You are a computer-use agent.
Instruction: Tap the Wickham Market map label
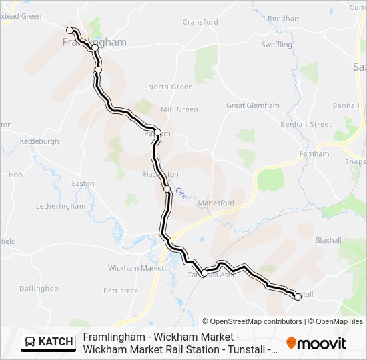pyautogui.click(x=135, y=268)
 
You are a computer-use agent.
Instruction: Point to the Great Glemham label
pyautogui.click(x=252, y=105)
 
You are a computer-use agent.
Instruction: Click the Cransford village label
pyautogui.click(x=200, y=22)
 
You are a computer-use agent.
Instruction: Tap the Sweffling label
pyautogui.click(x=276, y=45)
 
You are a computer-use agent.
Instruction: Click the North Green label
pyautogui.click(x=170, y=87)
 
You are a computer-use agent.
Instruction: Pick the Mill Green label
pyautogui.click(x=179, y=109)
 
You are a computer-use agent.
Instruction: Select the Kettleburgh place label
pyautogui.click(x=39, y=141)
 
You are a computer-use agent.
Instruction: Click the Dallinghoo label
pyautogui.click(x=39, y=289)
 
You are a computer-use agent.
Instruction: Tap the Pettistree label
pyautogui.click(x=121, y=291)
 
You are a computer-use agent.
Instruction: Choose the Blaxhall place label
pyautogui.click(x=328, y=239)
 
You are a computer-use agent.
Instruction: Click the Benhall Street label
pyautogui.click(x=306, y=125)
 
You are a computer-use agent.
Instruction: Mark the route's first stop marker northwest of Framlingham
pyautogui.click(x=69, y=30)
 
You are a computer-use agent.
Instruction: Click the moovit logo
pyautogui.click(x=316, y=343)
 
